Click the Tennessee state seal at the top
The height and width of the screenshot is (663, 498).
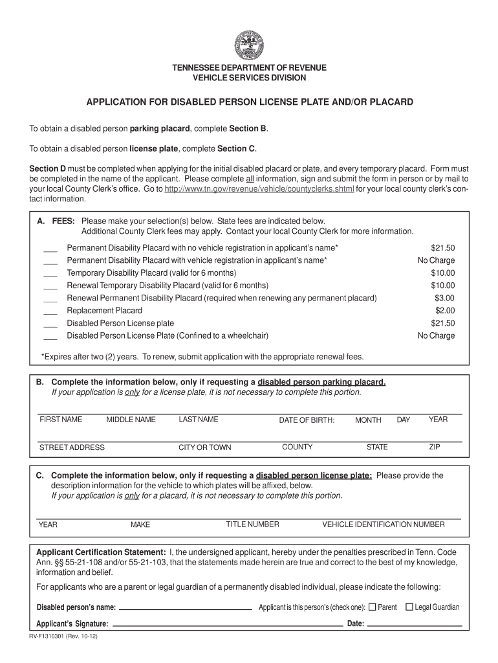249,45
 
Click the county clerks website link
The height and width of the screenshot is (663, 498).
259,190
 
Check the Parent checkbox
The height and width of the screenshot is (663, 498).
372,607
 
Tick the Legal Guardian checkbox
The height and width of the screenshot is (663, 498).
409,607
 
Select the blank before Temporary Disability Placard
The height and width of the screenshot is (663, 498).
50,273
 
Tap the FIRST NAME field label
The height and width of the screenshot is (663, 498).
61,420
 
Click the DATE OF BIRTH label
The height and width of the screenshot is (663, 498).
307,420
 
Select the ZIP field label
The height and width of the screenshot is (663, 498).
435,447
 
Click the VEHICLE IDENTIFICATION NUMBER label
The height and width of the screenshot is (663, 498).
384,524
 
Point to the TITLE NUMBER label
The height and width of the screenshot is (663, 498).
252,524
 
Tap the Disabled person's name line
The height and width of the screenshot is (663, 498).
186,609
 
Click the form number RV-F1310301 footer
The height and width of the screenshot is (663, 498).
62,637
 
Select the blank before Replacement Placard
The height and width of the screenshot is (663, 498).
50,311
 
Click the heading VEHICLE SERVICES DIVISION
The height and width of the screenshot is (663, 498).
249,78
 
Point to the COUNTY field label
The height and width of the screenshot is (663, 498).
297,447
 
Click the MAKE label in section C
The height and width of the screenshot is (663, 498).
140,525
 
